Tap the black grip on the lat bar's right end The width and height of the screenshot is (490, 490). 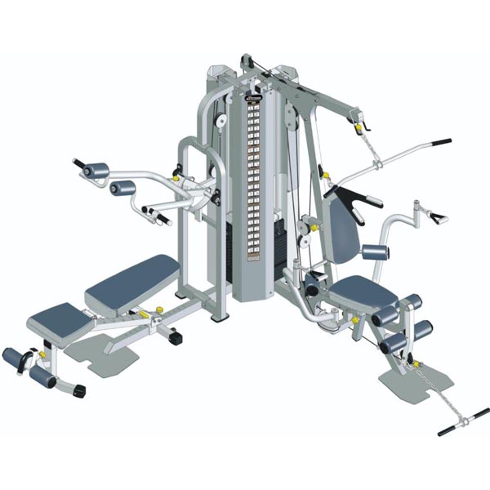click(442, 141)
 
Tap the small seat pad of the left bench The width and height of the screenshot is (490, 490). click(57, 318)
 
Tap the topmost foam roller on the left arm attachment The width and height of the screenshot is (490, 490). click(94, 170)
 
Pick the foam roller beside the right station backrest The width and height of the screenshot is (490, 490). click(376, 252)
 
